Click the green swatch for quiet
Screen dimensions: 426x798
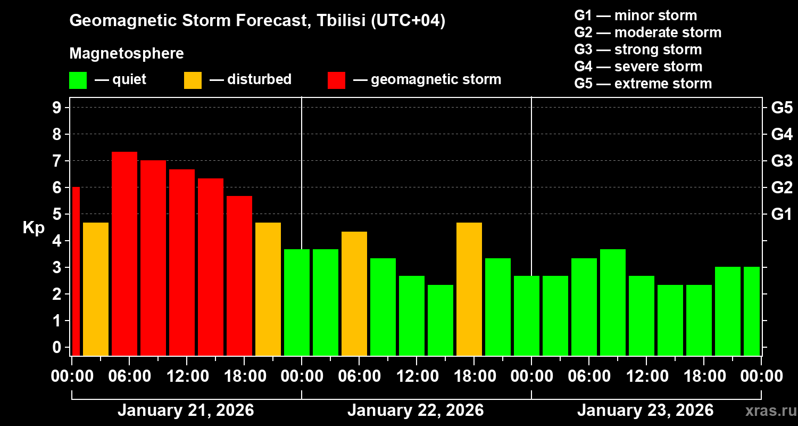pyautogui.click(x=78, y=80)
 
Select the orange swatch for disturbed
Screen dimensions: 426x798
pyautogui.click(x=193, y=80)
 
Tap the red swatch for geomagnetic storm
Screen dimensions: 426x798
pyautogui.click(x=336, y=80)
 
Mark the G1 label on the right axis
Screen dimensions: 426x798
pyautogui.click(x=782, y=215)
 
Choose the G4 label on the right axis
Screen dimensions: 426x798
pyautogui.click(x=782, y=134)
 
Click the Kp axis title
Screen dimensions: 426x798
pyautogui.click(x=34, y=228)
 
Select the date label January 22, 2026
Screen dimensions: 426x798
pyautogui.click(x=415, y=411)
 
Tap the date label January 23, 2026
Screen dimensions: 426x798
pyautogui.click(x=645, y=411)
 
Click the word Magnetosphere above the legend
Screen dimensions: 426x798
pyautogui.click(x=127, y=54)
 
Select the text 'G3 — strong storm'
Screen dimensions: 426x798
pyautogui.click(x=638, y=50)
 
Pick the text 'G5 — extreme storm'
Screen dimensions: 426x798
pyautogui.click(x=643, y=84)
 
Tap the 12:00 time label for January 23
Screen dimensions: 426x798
pyautogui.click(x=646, y=376)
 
